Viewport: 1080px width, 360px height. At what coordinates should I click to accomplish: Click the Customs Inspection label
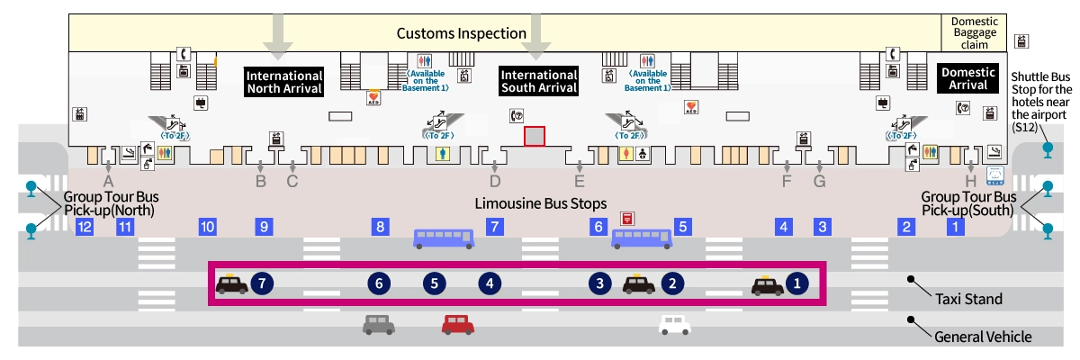point(462,33)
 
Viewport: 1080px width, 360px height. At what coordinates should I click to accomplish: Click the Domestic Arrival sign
point(967,78)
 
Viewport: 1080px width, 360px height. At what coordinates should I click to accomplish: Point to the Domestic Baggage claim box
point(969,32)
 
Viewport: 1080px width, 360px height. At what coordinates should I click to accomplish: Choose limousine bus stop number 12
point(85,227)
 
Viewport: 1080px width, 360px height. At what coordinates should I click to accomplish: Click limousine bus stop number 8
point(381,227)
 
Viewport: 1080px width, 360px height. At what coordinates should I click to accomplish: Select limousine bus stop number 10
point(208,227)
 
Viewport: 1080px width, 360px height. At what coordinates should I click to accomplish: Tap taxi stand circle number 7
point(262,283)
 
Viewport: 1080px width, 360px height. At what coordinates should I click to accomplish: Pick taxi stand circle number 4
point(490,283)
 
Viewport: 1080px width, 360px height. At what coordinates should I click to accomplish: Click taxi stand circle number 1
point(796,283)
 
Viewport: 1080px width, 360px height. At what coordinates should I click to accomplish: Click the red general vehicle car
point(458,324)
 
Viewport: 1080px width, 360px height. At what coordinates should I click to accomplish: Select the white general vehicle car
point(675,324)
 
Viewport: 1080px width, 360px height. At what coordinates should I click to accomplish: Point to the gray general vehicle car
point(379,324)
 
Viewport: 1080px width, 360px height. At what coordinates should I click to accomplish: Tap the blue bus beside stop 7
point(443,238)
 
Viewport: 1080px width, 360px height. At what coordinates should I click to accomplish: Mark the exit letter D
point(494,181)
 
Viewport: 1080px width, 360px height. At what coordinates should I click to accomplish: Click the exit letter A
point(108,181)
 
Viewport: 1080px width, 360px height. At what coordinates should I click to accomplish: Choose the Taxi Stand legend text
point(968,299)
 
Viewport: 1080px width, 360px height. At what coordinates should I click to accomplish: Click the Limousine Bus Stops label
point(541,203)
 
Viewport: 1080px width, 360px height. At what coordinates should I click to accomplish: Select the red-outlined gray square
point(535,136)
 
